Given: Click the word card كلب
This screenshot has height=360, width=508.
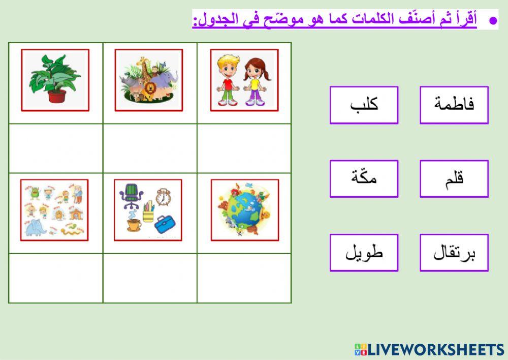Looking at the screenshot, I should (x=364, y=105).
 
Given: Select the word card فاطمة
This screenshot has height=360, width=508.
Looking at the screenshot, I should (x=454, y=105).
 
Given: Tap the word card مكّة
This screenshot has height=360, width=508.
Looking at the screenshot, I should (x=364, y=178).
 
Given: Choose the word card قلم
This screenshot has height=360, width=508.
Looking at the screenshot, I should (x=454, y=178).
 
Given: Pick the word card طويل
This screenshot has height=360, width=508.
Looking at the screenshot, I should (x=364, y=253).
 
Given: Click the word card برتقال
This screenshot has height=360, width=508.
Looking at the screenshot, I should (x=454, y=253).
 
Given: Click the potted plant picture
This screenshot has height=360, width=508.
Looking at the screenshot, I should (x=55, y=80).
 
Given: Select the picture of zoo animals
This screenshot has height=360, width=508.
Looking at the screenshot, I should (x=148, y=80).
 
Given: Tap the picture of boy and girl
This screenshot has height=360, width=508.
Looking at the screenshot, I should (x=244, y=80).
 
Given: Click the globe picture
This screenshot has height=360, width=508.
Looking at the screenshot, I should (x=244, y=209).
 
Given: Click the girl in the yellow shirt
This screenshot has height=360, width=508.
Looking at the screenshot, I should (x=255, y=81).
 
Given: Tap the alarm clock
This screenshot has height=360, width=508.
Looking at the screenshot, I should (x=163, y=197).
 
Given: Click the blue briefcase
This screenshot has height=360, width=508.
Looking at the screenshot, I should (x=165, y=224).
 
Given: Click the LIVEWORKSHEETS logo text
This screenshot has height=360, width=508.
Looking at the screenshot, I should (x=435, y=349).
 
